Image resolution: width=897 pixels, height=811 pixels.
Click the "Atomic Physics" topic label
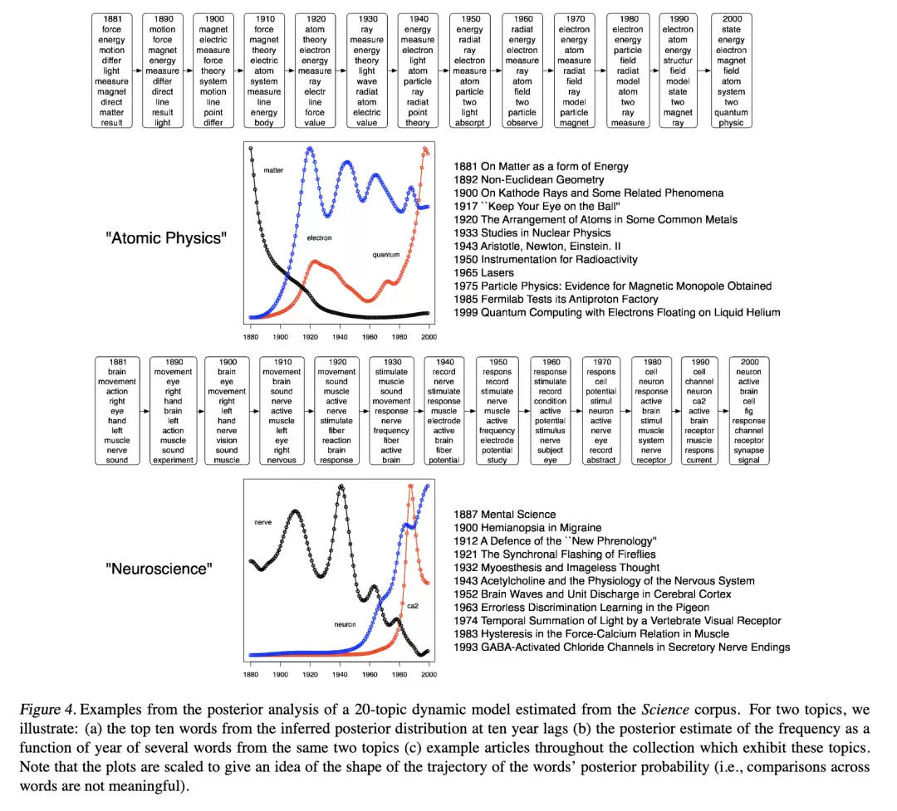pyautogui.click(x=166, y=238)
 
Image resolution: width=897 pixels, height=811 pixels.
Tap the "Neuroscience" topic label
pyautogui.click(x=159, y=569)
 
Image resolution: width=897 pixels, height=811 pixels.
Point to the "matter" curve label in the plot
pyautogui.click(x=273, y=170)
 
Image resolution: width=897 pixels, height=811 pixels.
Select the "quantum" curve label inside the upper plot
pyautogui.click(x=386, y=255)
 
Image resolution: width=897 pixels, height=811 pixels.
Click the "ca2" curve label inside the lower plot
pyautogui.click(x=413, y=606)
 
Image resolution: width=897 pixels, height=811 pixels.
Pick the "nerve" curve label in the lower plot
pyautogui.click(x=263, y=522)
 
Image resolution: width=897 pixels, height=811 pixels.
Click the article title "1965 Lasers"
pyautogui.click(x=483, y=273)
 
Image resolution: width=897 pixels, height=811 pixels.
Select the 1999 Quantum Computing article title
pyautogui.click(x=616, y=312)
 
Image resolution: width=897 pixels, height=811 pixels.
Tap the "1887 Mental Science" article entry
pyautogui.click(x=505, y=514)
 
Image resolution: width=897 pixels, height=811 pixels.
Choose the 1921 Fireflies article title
pyautogui.click(x=554, y=554)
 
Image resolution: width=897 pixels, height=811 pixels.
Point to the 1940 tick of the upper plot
pyautogui.click(x=340, y=337)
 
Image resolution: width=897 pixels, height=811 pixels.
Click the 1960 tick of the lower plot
pyautogui.click(x=370, y=674)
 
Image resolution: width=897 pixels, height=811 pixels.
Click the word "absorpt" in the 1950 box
pyautogui.click(x=469, y=122)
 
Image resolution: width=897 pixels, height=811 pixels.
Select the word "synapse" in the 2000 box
pyautogui.click(x=749, y=450)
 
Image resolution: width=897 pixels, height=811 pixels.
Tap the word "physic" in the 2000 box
pyautogui.click(x=731, y=122)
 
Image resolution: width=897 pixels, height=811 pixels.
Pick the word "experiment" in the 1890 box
pyautogui.click(x=174, y=460)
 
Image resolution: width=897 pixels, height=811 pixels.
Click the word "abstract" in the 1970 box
pyautogui.click(x=600, y=460)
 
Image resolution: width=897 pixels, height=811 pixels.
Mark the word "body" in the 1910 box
pyautogui.click(x=264, y=122)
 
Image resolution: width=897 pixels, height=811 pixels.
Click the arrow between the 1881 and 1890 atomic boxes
pyautogui.click(x=137, y=71)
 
